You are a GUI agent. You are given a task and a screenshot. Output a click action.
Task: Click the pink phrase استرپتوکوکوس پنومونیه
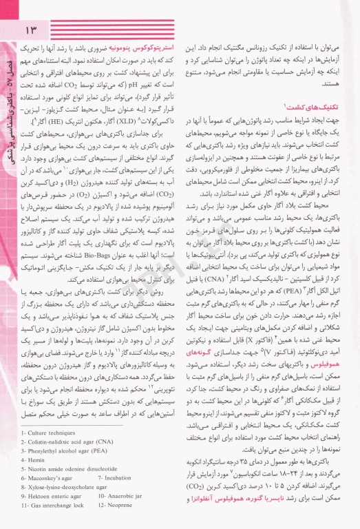[141, 51]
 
